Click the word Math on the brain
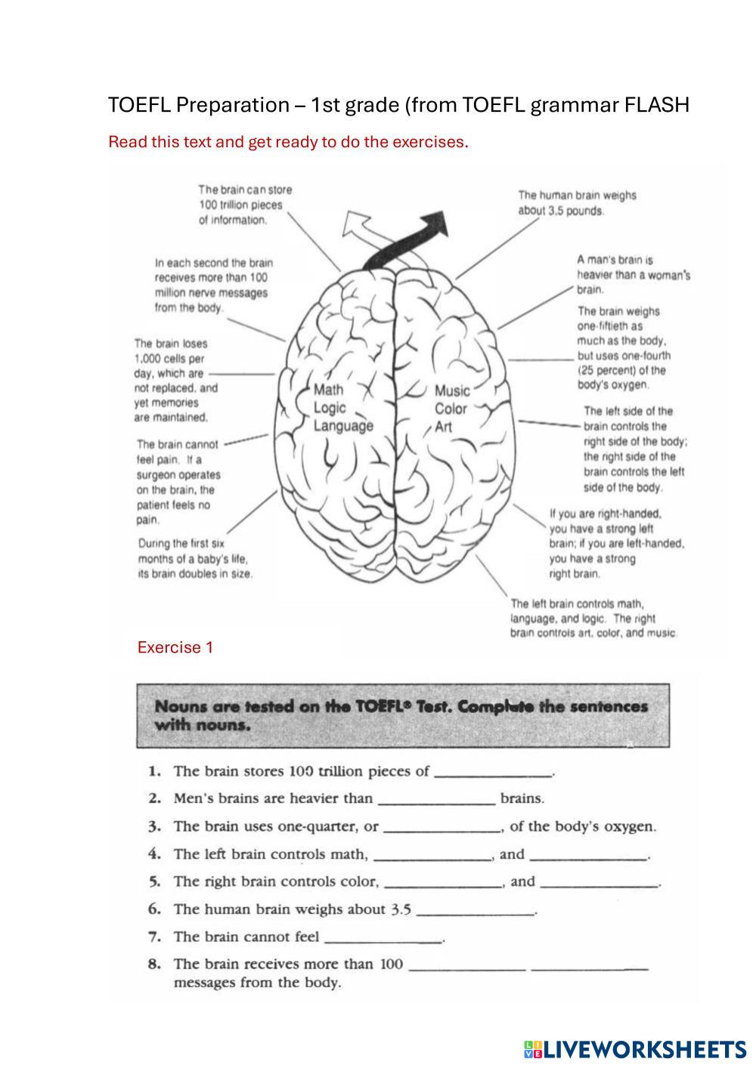point(328,390)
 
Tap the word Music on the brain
point(452,390)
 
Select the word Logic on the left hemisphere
point(330,408)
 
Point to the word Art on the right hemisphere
point(443,427)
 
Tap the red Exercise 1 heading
point(175,647)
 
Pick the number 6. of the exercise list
point(155,909)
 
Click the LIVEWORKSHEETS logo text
point(643,1049)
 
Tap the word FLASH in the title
point(657,104)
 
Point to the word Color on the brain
point(451,409)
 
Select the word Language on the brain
point(343,426)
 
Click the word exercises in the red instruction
point(428,141)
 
